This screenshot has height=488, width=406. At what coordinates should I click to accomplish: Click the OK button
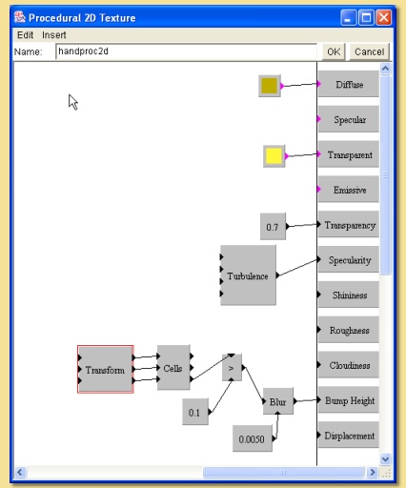[334, 51]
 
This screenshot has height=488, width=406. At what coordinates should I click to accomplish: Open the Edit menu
[25, 35]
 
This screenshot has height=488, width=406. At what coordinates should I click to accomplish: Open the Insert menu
[54, 35]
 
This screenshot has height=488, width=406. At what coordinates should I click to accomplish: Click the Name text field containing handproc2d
[186, 51]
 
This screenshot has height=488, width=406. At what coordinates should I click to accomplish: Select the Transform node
[106, 369]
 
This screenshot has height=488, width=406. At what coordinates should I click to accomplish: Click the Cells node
[173, 368]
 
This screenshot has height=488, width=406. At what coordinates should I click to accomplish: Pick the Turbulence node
[248, 275]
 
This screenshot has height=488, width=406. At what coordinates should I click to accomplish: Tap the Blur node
[278, 401]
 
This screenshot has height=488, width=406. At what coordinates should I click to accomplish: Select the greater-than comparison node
[232, 368]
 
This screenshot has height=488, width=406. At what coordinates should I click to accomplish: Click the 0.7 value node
[273, 227]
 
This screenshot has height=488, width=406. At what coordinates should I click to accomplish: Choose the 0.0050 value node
[253, 438]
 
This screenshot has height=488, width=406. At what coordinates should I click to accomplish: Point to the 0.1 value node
[195, 412]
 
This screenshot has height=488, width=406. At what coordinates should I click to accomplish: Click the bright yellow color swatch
[274, 156]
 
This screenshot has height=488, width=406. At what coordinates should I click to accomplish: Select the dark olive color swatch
[270, 86]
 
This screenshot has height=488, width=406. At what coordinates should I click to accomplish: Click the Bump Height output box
[349, 400]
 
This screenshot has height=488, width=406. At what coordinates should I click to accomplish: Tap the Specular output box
[349, 119]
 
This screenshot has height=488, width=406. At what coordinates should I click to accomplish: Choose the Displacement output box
[349, 436]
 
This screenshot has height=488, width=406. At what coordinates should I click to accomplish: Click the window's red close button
[383, 17]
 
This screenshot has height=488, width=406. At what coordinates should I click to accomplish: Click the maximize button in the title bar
[366, 17]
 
